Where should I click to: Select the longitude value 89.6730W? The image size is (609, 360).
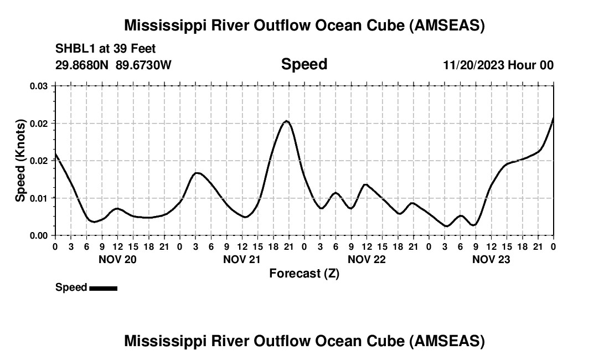click(143, 65)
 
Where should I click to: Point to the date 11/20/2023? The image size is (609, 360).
click(473, 65)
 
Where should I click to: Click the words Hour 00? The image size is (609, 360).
click(530, 65)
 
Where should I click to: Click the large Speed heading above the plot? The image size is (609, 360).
click(304, 64)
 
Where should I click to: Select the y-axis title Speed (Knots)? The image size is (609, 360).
click(20, 160)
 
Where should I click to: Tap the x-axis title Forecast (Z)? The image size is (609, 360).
click(304, 273)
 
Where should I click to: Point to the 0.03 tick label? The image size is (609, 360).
click(39, 86)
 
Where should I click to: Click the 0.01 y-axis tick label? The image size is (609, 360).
click(39, 198)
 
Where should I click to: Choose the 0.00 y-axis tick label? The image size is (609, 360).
click(39, 235)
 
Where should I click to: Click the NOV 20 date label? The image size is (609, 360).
click(117, 259)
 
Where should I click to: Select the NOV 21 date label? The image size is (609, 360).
click(242, 259)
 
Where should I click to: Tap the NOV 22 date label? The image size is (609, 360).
click(367, 259)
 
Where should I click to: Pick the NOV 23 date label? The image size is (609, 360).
click(491, 259)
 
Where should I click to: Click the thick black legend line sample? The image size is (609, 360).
click(103, 288)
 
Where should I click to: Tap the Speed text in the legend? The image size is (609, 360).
click(71, 287)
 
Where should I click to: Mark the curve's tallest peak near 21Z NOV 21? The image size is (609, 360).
click(286, 121)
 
